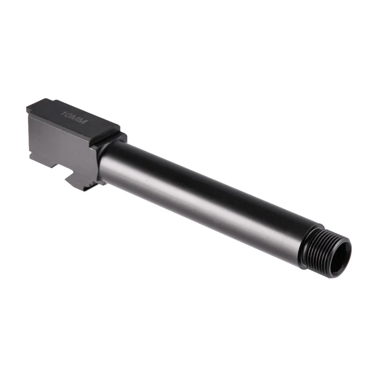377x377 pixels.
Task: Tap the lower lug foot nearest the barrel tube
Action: tap(87, 184)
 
